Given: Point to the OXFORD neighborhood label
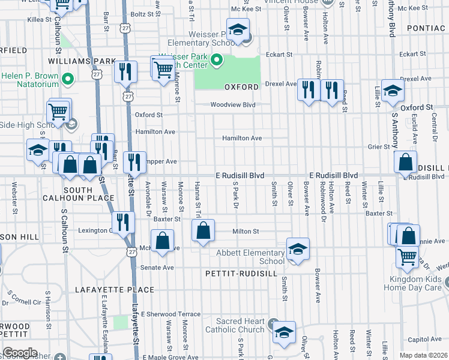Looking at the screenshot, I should click(241, 87).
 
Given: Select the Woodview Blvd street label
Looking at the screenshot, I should click(233, 105).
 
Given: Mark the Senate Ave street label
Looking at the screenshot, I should click(157, 267).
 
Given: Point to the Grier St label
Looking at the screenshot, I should click(379, 146).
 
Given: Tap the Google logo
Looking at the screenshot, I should click(20, 353).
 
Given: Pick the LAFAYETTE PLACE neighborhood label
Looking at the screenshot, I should click(115, 290).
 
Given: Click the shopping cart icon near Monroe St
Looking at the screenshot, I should click(163, 70).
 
